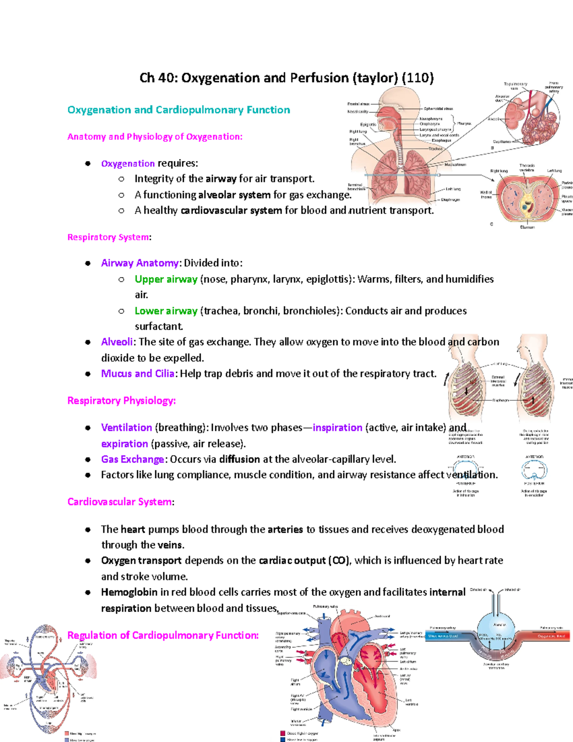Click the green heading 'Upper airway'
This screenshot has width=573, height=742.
(x=166, y=279)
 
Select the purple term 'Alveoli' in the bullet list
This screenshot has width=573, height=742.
(x=117, y=342)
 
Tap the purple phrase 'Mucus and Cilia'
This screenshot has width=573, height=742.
(x=138, y=374)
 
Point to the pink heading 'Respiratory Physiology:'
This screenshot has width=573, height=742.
(x=121, y=401)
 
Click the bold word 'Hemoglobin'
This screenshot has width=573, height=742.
(x=129, y=592)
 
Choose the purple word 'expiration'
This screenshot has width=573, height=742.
(x=124, y=444)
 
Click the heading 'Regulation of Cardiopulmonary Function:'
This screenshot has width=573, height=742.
(x=163, y=635)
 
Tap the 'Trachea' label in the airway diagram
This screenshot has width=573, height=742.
(x=435, y=149)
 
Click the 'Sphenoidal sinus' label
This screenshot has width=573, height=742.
(x=438, y=109)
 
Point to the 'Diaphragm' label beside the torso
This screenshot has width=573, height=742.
(x=450, y=200)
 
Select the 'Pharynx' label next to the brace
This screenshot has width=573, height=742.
(x=464, y=124)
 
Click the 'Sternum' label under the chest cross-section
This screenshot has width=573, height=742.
(x=527, y=227)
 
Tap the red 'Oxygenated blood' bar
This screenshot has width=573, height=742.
(x=551, y=636)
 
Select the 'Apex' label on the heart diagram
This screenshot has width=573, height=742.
(x=396, y=730)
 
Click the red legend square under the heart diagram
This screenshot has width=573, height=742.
(x=283, y=733)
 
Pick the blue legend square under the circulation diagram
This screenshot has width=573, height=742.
(x=67, y=740)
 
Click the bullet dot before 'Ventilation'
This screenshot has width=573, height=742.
(x=88, y=428)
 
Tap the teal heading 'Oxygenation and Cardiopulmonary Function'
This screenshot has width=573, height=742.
(x=179, y=110)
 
